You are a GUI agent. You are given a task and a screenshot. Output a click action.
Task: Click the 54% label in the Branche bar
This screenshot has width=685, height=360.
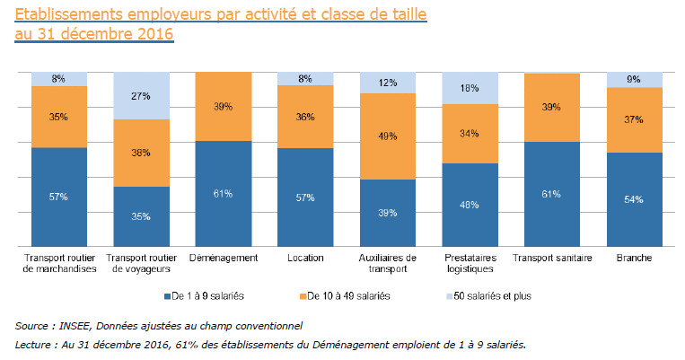click(x=635, y=198)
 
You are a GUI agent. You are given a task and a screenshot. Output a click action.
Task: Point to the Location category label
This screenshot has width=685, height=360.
click(x=306, y=258)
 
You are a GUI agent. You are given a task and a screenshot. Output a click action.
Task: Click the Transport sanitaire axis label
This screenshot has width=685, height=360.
click(x=552, y=258)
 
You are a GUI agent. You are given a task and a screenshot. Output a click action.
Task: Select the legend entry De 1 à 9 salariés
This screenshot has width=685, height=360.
click(x=208, y=295)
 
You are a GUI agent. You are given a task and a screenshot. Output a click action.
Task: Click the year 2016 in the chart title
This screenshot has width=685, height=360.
click(x=151, y=34)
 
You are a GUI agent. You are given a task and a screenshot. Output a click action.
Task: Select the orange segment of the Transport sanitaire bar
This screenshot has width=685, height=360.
click(x=552, y=107)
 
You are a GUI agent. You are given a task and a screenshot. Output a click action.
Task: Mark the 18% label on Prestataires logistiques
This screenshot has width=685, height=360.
click(x=470, y=88)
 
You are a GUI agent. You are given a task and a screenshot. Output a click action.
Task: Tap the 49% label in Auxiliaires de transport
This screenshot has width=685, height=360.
click(x=388, y=136)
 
